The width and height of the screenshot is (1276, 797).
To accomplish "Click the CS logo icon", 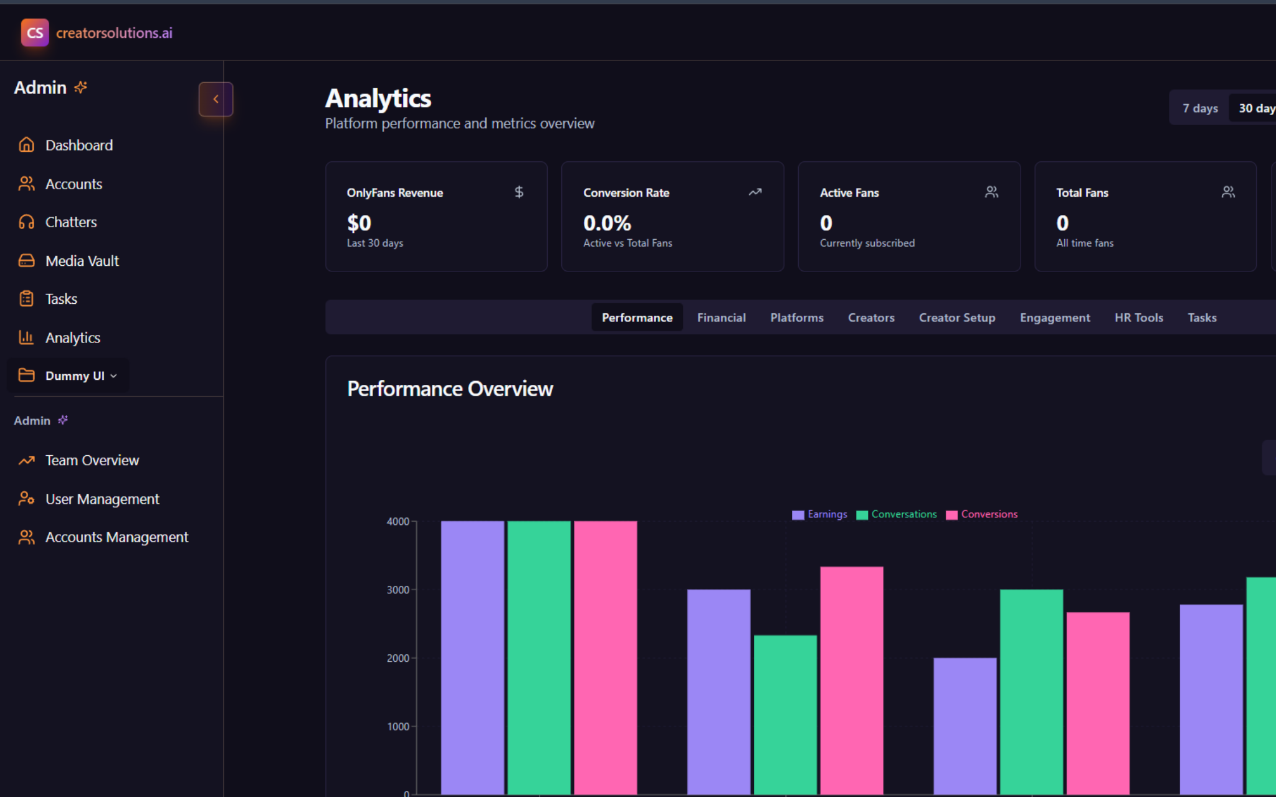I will click(35, 32).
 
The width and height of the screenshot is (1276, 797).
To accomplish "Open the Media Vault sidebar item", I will click(81, 261).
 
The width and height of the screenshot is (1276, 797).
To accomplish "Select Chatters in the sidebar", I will click(70, 222).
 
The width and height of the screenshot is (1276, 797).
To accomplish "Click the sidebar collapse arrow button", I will click(216, 99).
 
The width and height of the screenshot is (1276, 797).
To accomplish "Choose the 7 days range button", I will click(1199, 108).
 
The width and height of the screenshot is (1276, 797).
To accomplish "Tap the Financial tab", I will click(721, 318).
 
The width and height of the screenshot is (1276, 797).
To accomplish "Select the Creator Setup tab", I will click(956, 318).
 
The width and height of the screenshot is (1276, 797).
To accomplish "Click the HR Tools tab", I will click(1138, 318).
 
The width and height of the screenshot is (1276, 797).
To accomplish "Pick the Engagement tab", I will click(1054, 318).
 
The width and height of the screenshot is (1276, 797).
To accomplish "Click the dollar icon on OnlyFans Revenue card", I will click(519, 192).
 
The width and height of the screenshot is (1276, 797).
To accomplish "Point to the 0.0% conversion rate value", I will click(607, 223).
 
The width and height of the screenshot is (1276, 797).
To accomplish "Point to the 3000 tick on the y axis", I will click(398, 590).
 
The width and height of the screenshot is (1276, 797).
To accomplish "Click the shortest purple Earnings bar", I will click(964, 725).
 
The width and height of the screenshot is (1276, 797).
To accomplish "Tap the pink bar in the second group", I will click(851, 679).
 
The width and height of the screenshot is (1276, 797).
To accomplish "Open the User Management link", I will click(102, 499).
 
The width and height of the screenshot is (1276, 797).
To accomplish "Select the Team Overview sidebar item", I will click(92, 460).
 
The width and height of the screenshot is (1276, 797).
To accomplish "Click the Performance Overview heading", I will click(450, 389).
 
